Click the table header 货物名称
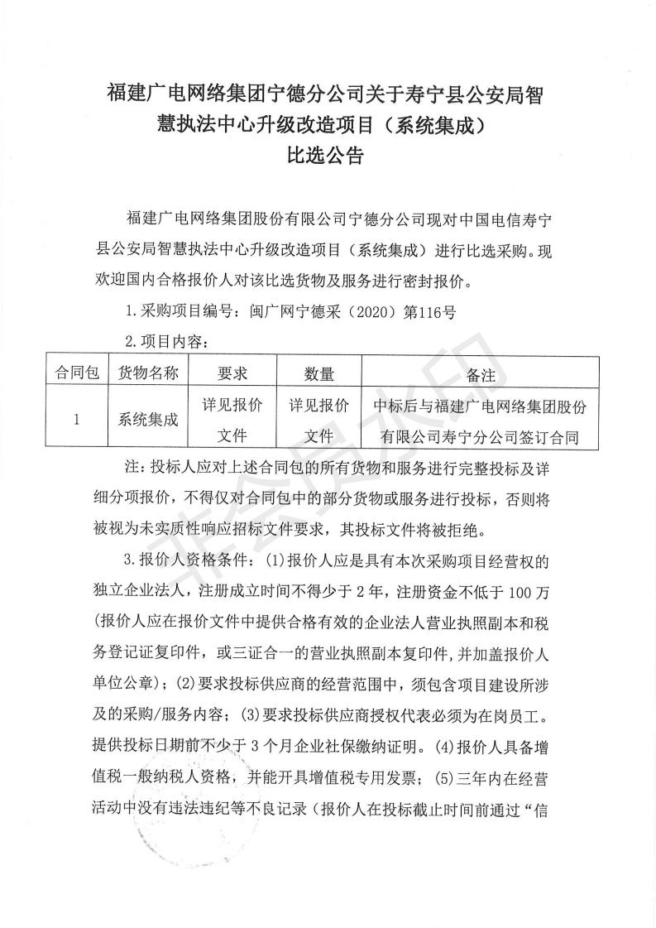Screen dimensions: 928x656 point(149,373)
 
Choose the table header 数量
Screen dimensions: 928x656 point(318,373)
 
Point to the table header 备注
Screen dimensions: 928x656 point(481,374)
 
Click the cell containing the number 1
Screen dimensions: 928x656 point(76,419)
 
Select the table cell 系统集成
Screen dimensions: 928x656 point(149,419)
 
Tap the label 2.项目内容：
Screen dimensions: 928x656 point(165,342)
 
